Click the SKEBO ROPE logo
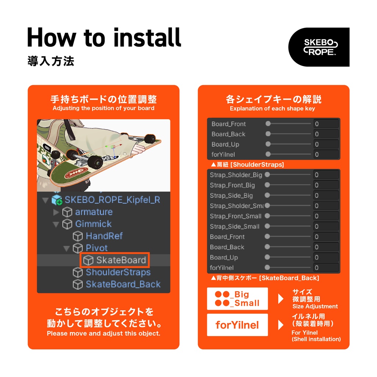pos(319,47)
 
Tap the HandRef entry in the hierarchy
pos(104,236)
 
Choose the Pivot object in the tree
pos(96,248)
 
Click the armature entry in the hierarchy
pos(94,212)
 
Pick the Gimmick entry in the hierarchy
pos(93,224)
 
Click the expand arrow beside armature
pos(56,212)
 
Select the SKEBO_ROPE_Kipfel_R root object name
pos(112,200)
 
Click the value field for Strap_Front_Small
pos(326,216)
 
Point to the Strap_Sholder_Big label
pos(236,175)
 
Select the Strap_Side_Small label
pos(235,226)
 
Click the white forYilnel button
pos(237,325)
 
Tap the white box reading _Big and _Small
pos(237,299)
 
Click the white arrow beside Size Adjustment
pos(281,299)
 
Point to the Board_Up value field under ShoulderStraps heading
pos(326,257)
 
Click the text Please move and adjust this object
pos(103,334)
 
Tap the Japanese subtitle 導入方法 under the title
pos(51,61)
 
